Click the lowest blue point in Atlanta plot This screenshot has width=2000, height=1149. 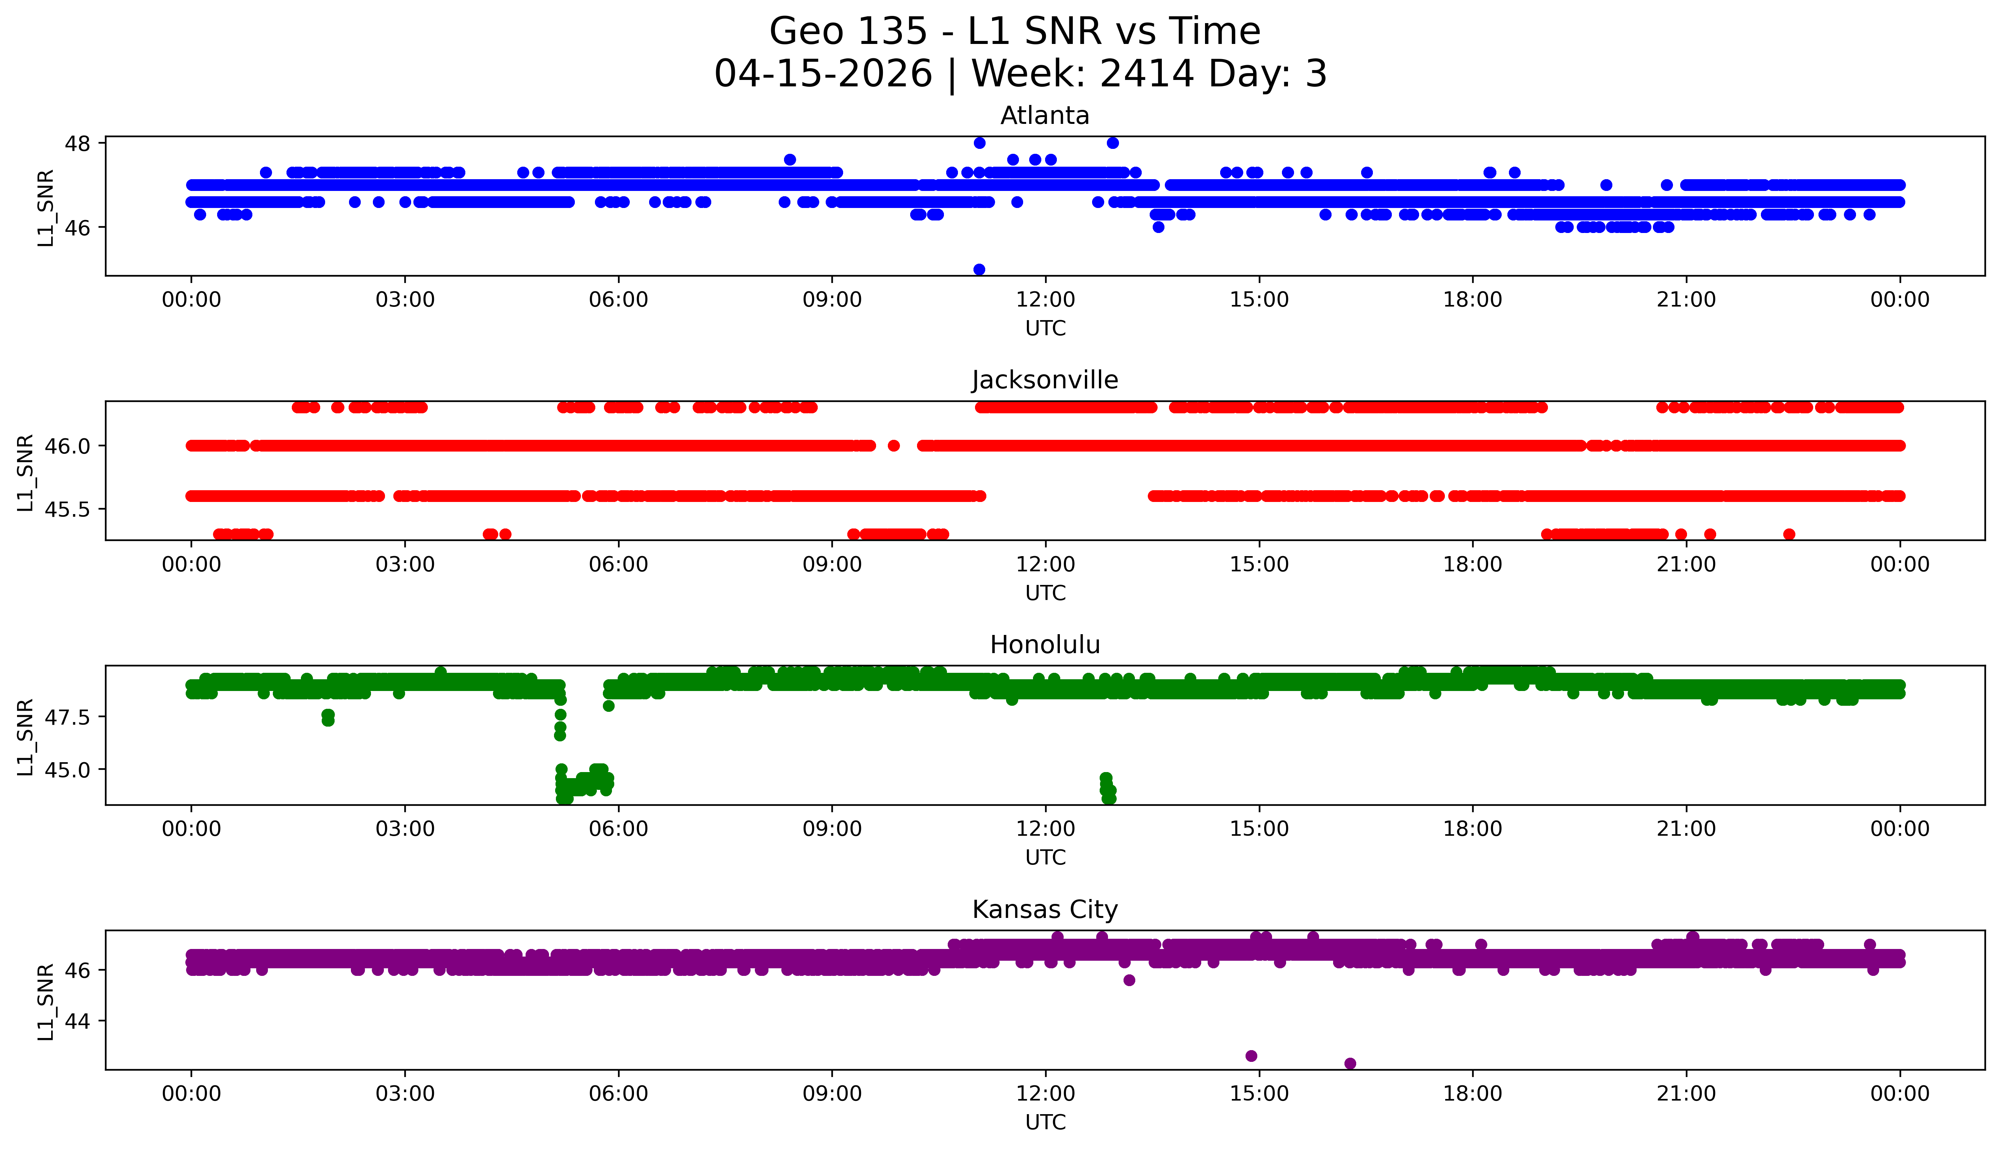click(x=979, y=269)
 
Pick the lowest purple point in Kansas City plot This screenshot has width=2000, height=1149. click(x=1350, y=1063)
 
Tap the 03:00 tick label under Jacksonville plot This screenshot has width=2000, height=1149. click(x=405, y=564)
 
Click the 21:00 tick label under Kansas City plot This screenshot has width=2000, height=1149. click(x=1686, y=1094)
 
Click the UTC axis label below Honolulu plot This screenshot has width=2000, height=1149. click(x=1045, y=857)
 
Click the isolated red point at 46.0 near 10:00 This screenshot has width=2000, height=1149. click(x=894, y=445)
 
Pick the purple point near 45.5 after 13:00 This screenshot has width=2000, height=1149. click(x=1129, y=980)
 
